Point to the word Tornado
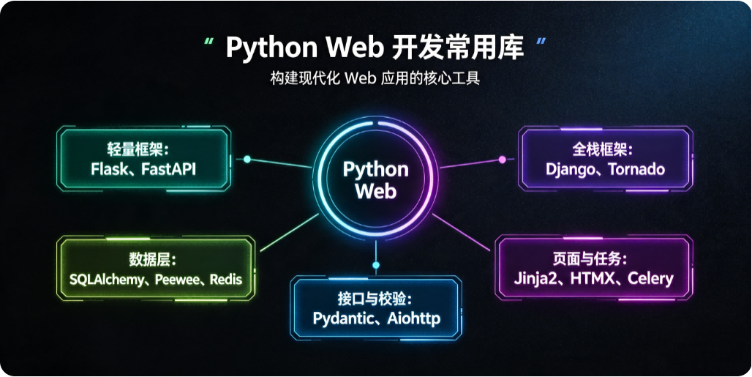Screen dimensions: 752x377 (x=636, y=169)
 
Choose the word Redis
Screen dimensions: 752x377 (x=226, y=280)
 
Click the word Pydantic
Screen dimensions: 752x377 (x=342, y=318)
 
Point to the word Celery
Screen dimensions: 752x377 (x=650, y=279)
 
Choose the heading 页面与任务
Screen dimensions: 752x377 (x=590, y=259)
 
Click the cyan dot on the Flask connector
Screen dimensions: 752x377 (x=247, y=160)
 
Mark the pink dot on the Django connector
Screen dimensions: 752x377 (x=502, y=160)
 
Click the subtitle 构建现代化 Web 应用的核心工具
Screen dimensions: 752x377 (x=375, y=77)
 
